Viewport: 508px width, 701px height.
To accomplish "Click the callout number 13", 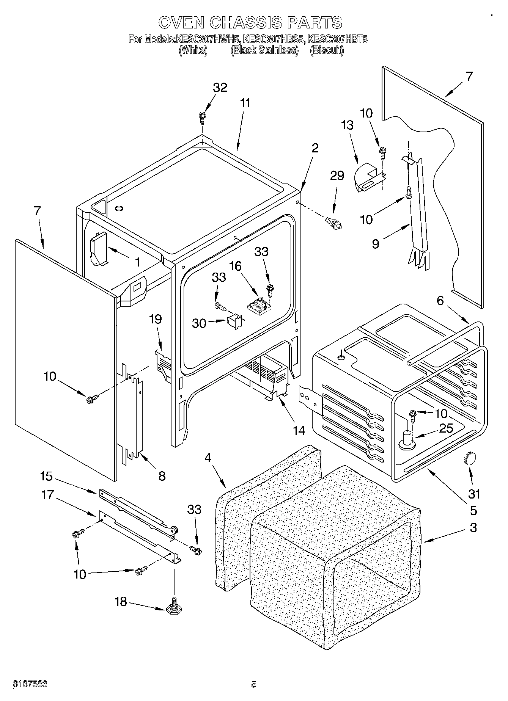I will point(347,125).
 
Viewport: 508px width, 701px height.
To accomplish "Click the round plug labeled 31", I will point(470,459).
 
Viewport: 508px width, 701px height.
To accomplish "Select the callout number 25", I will point(446,428).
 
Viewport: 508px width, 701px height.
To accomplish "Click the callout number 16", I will point(235,266).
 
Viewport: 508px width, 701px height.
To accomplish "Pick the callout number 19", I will point(156,319).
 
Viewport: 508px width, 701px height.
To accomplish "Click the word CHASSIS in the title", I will point(245,22).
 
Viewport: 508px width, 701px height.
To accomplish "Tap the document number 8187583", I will point(30,684).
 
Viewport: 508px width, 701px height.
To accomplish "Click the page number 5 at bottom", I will point(253,684).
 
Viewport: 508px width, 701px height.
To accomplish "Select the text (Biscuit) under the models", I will point(327,50).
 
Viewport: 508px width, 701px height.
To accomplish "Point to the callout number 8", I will point(162,476).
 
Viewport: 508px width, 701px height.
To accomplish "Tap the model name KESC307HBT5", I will point(337,39).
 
